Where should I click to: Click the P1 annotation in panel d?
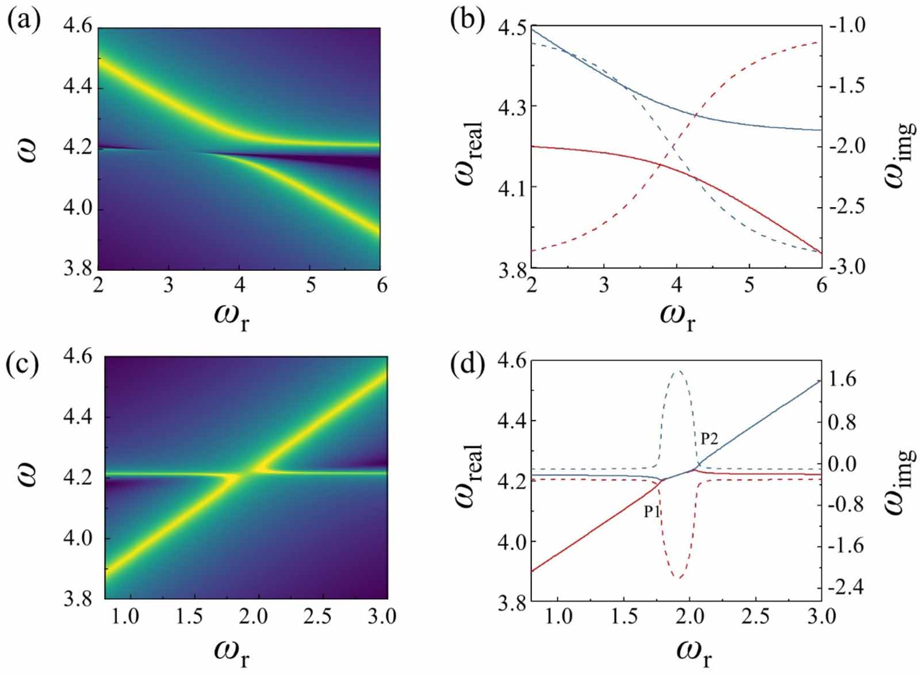[651, 511]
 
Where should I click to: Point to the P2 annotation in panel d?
[709, 439]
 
